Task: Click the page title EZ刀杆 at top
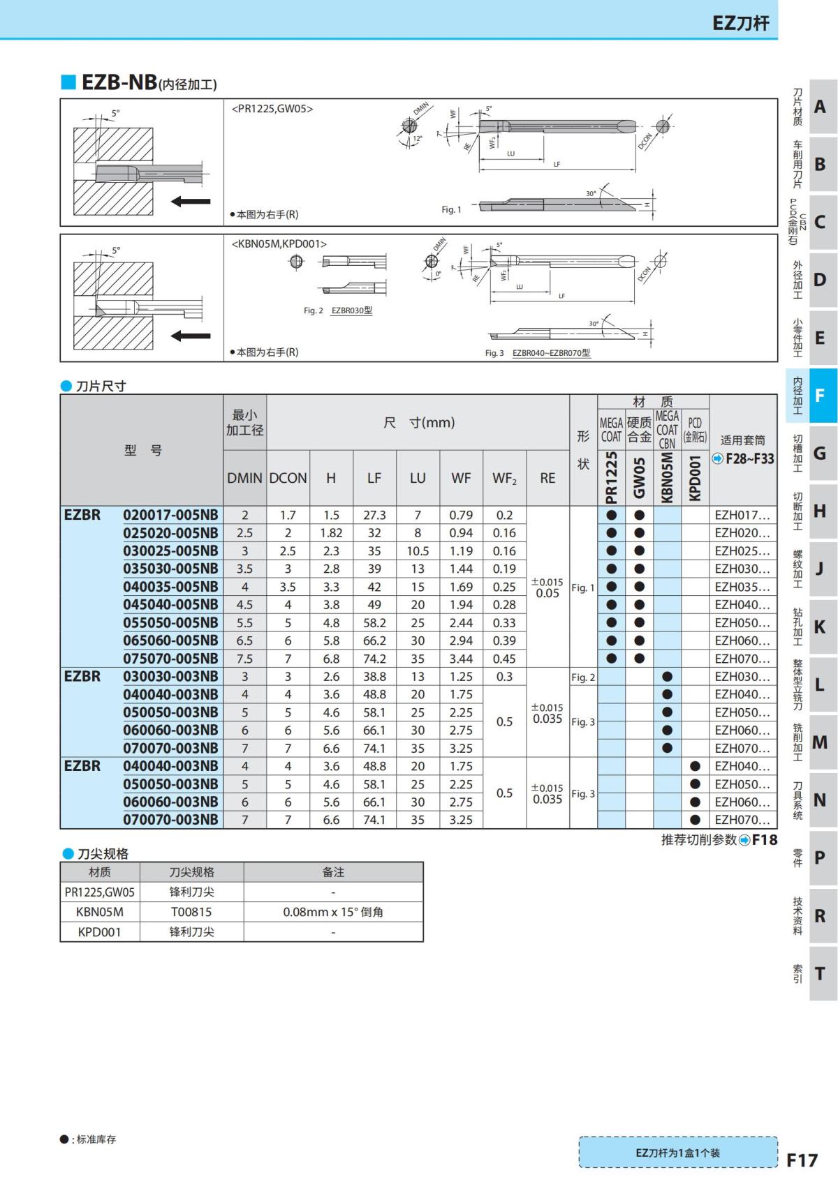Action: tap(740, 23)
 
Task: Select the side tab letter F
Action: tap(819, 395)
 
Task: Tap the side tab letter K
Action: tap(819, 627)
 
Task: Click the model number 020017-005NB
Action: tap(170, 514)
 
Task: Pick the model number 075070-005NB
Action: tap(170, 658)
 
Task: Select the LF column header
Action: tap(374, 478)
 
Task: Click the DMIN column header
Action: tap(244, 478)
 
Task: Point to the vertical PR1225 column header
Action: tap(611, 477)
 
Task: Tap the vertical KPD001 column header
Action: tap(695, 477)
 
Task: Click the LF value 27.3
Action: tap(374, 515)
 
